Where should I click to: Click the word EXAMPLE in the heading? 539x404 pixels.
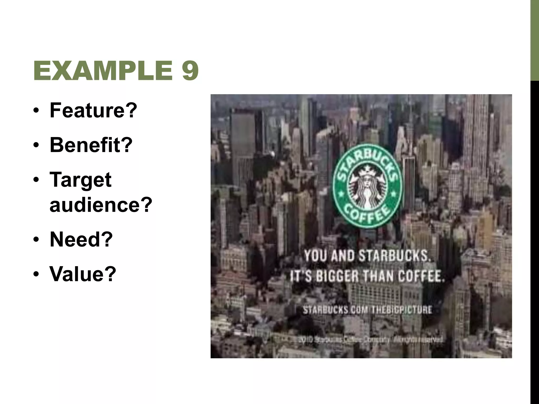point(103,70)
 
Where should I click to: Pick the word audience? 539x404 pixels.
point(101,204)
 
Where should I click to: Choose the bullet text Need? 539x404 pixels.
point(81,239)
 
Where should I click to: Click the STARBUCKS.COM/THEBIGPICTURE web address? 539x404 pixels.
point(367,310)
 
